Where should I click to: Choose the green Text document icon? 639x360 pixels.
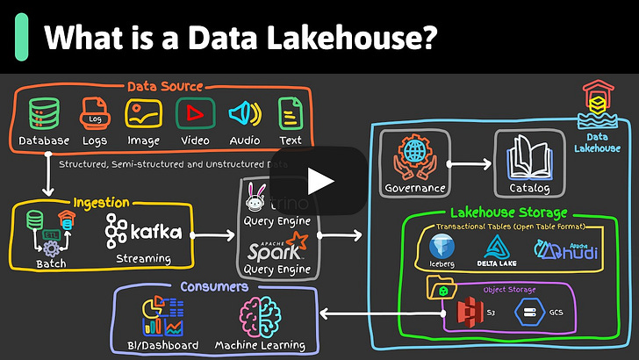290,113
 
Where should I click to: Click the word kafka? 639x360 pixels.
156,232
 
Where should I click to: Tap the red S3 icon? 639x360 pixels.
469,311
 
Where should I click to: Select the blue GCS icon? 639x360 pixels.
530,311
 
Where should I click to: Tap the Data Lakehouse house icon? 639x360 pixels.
597,99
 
